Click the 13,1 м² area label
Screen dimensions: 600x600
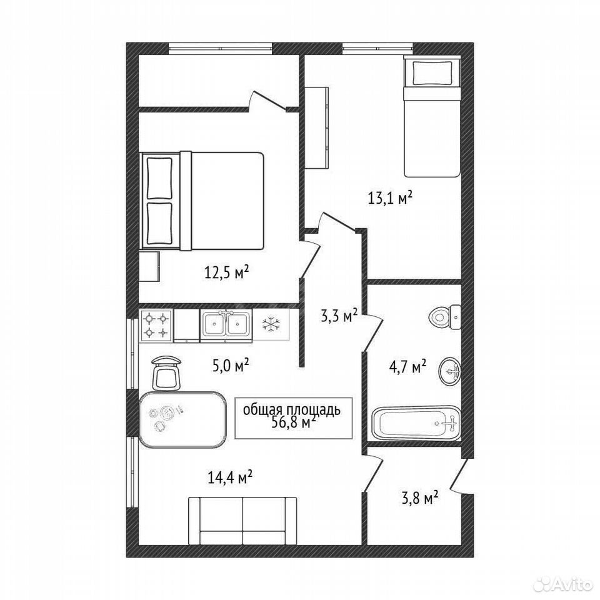390,198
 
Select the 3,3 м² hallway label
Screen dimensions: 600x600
339,316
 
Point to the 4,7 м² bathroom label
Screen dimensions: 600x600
408,367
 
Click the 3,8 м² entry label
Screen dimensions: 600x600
420,498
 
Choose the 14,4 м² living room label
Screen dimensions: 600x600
229,477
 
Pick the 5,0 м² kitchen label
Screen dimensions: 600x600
231,366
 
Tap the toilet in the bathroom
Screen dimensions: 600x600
446,317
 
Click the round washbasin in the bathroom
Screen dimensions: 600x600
451,371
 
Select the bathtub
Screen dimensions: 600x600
416,422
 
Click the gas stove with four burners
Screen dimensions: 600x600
156,325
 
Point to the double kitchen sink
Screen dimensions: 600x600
226,324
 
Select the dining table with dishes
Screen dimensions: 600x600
182,419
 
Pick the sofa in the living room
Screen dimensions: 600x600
242,521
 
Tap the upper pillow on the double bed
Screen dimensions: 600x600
159,178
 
